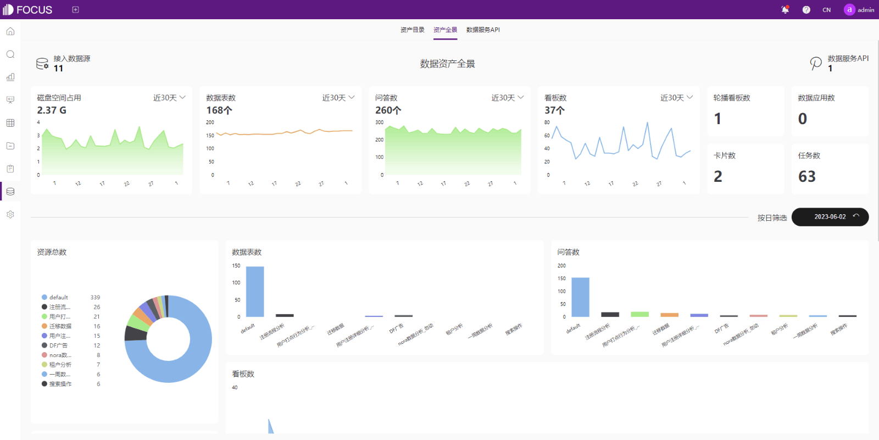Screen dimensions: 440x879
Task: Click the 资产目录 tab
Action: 412,30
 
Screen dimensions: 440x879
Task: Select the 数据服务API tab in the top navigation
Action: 483,30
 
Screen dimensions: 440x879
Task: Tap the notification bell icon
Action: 785,10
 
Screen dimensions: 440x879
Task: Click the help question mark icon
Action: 806,10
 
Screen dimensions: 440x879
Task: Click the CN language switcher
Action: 826,10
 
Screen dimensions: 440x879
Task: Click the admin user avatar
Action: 849,10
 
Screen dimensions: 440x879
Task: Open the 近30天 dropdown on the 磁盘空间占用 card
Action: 169,98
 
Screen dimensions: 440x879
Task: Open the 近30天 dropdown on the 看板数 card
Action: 676,98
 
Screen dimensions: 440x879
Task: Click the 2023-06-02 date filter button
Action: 830,217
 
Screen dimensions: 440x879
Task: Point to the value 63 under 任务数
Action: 807,176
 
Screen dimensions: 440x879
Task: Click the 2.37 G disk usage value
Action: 52,110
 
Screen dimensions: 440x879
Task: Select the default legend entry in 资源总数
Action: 58,297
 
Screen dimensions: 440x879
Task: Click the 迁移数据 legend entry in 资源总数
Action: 60,326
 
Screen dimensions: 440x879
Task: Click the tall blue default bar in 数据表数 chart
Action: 255,292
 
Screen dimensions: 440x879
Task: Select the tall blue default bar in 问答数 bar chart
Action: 580,297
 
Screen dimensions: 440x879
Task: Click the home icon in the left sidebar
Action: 10,31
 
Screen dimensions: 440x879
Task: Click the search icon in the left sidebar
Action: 10,54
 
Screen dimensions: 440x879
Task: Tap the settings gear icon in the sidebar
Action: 10,215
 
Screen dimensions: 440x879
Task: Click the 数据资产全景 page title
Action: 447,64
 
